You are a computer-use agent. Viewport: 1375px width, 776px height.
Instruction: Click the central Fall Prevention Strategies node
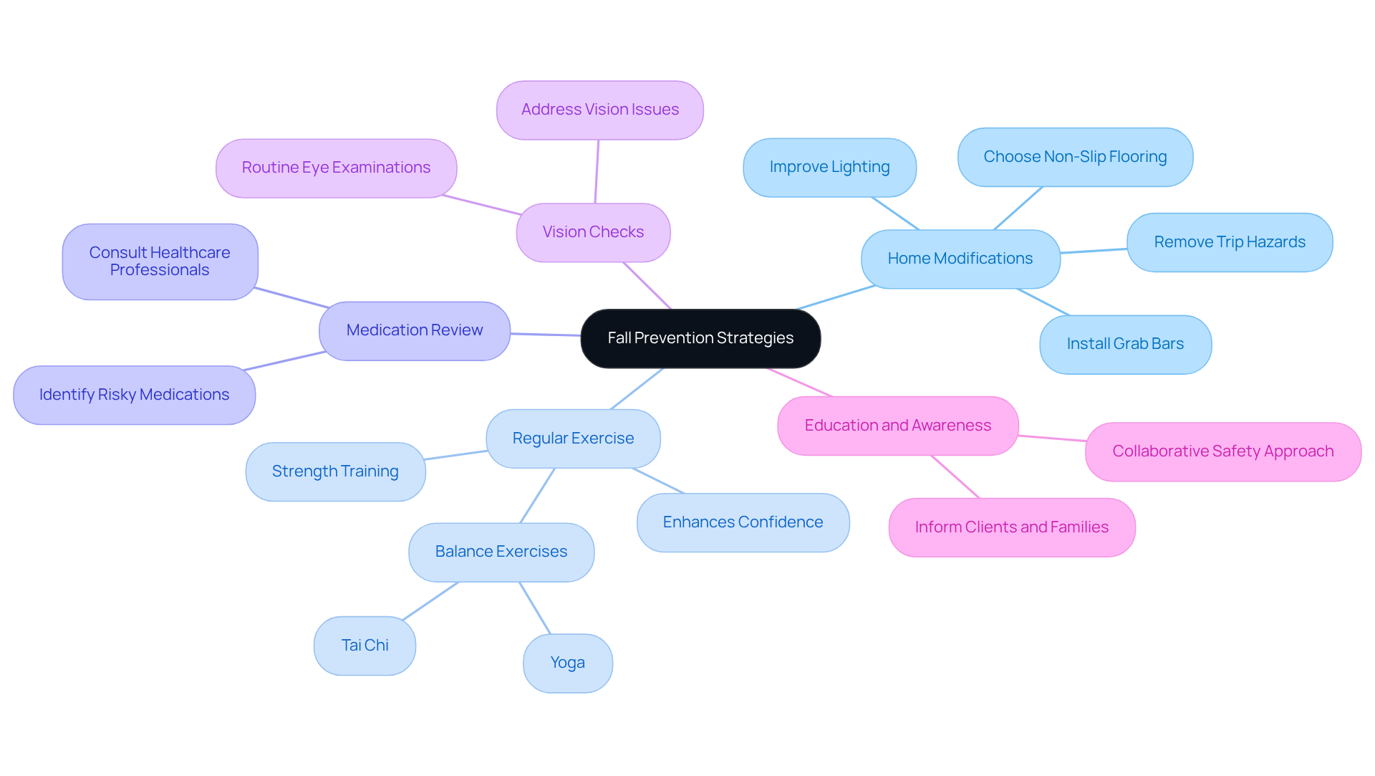(x=700, y=338)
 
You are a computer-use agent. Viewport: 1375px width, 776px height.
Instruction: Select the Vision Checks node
(x=593, y=232)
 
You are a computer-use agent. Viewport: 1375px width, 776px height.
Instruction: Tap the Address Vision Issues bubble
(x=599, y=110)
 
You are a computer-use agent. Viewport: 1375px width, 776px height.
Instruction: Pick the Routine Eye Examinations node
(x=336, y=168)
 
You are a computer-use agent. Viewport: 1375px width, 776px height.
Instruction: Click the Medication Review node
(x=414, y=330)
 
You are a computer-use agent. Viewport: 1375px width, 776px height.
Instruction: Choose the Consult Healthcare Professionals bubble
(x=160, y=262)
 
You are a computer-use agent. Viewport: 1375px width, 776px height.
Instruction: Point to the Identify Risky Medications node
(x=134, y=395)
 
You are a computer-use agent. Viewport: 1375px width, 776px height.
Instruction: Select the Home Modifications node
(x=960, y=259)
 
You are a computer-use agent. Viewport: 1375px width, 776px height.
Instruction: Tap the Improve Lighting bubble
(x=829, y=167)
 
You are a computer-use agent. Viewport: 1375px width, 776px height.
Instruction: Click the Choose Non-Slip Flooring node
(x=1075, y=157)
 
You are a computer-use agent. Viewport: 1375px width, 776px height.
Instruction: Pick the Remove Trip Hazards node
(x=1229, y=242)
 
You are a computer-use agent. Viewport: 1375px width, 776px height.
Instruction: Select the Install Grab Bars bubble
(x=1125, y=344)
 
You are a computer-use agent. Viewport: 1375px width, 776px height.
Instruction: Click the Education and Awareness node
(x=897, y=426)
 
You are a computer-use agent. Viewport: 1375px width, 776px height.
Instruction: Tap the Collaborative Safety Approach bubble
(x=1222, y=451)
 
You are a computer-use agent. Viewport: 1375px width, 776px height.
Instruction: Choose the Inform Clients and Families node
(x=1011, y=527)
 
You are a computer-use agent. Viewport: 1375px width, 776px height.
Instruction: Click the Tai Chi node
(x=365, y=646)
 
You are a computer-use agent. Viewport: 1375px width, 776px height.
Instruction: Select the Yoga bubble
(x=567, y=663)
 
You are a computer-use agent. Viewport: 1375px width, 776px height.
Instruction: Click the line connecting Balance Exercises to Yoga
(x=535, y=608)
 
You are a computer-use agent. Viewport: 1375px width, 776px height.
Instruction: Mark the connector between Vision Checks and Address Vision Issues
(x=597, y=172)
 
